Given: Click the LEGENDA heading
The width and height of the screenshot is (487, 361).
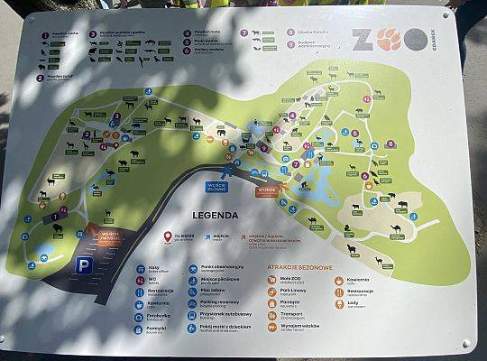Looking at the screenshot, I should (x=214, y=216).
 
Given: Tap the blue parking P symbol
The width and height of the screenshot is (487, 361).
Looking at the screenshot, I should (x=83, y=264).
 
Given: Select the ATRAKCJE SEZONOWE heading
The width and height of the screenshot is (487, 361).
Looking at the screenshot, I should (x=300, y=268).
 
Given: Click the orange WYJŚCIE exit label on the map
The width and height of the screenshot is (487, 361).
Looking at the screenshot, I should (x=268, y=190).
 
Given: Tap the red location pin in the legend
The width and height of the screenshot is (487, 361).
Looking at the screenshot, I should (x=168, y=236).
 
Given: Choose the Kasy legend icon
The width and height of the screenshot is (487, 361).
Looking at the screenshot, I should (x=142, y=268).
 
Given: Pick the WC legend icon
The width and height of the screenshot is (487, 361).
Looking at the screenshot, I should (x=142, y=281).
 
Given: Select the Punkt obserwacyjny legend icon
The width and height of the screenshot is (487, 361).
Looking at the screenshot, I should (x=191, y=268).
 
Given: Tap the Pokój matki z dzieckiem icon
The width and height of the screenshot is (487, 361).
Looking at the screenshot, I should (x=191, y=329).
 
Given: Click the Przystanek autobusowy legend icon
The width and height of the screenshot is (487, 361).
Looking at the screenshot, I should (x=191, y=316).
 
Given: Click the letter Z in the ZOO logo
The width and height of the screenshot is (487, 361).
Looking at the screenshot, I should (x=361, y=40).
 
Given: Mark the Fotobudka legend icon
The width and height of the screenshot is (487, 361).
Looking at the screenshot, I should (x=142, y=318).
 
